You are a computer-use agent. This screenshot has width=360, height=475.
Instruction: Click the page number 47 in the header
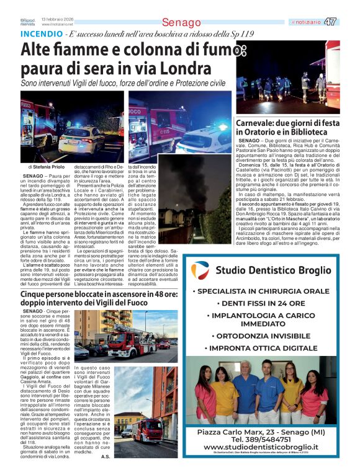tap(331, 22)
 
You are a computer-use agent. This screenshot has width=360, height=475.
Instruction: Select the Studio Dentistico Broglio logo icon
tap(200, 270)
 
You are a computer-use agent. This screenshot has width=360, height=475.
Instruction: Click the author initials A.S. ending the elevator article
tap(106, 457)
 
